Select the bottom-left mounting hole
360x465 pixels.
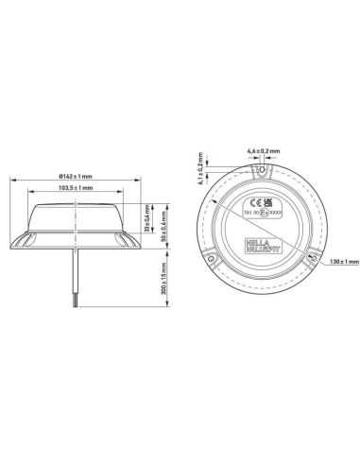pos(214,256)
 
